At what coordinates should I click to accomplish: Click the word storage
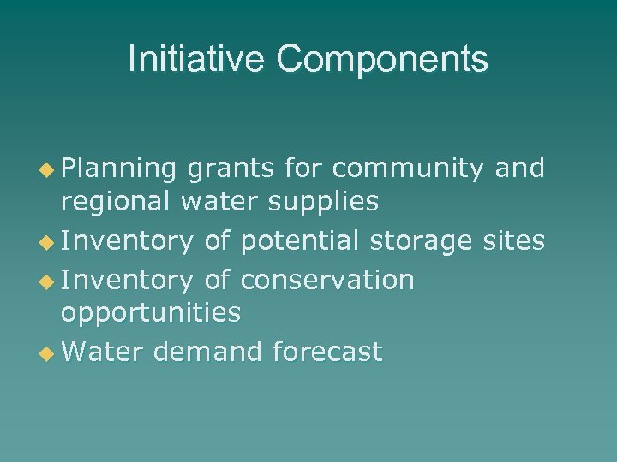pyautogui.click(x=419, y=242)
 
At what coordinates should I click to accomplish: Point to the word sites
pyautogui.click(x=512, y=242)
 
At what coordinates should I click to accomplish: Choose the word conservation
pyautogui.click(x=328, y=279)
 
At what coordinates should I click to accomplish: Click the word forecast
pyautogui.click(x=328, y=352)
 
